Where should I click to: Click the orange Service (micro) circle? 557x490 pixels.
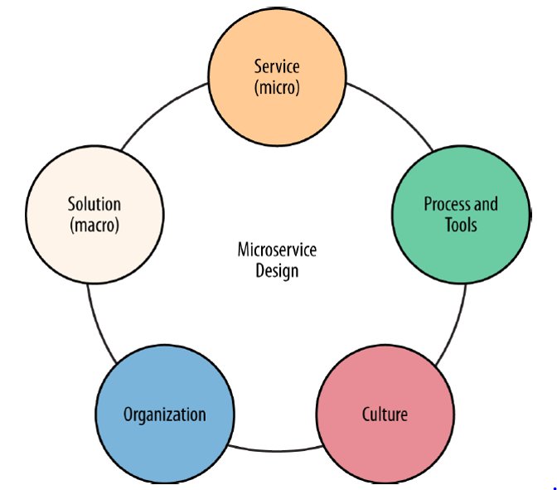click(277, 74)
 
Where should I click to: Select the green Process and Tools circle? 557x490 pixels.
click(460, 215)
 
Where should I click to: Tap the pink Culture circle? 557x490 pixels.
click(385, 414)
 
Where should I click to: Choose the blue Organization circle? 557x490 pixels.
click(164, 414)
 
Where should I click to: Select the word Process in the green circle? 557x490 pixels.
click(448, 204)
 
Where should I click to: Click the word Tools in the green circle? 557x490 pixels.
click(461, 225)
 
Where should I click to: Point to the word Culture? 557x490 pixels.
click(385, 414)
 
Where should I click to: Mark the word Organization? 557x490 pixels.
click(164, 414)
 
